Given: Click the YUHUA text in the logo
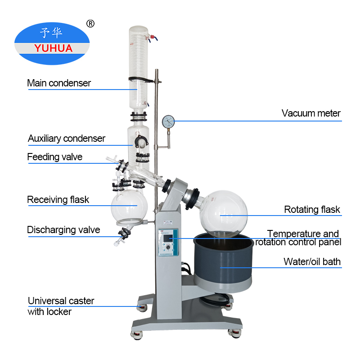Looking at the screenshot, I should [x=53, y=48].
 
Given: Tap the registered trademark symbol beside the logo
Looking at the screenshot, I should [x=90, y=23].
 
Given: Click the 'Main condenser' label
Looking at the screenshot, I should [x=59, y=83].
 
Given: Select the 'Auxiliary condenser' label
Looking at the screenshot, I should [x=67, y=139].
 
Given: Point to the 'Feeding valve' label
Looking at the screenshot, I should [x=55, y=157].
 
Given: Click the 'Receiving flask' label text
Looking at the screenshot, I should [x=58, y=199].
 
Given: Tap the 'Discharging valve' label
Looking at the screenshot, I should [x=63, y=230].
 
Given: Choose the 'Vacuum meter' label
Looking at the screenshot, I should [x=311, y=113].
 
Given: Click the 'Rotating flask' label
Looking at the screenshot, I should [x=312, y=210].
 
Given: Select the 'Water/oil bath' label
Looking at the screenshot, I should [x=312, y=261].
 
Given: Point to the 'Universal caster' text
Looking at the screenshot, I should [x=61, y=301].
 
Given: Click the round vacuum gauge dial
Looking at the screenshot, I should [x=168, y=121].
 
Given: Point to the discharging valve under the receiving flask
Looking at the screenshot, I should [x=123, y=233].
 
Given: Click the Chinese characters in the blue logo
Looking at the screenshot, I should [x=52, y=33].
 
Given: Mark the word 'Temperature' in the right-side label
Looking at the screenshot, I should [x=288, y=234].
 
